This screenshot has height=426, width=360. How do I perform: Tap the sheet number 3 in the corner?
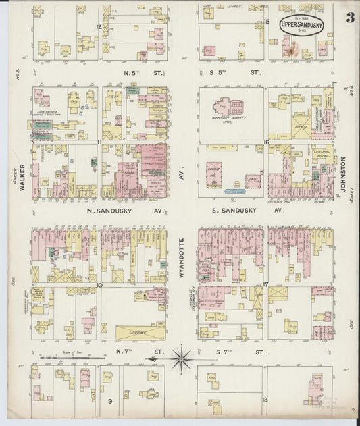(350, 18)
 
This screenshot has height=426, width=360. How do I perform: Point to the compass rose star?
(180, 358)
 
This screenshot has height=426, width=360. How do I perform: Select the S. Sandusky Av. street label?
(250, 211)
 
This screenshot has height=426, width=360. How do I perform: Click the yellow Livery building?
(140, 331)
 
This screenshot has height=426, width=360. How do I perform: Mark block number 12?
(99, 26)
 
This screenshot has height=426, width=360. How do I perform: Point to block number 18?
(265, 400)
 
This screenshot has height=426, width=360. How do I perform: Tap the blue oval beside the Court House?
(234, 192)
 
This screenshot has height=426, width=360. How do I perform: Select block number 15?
(267, 22)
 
